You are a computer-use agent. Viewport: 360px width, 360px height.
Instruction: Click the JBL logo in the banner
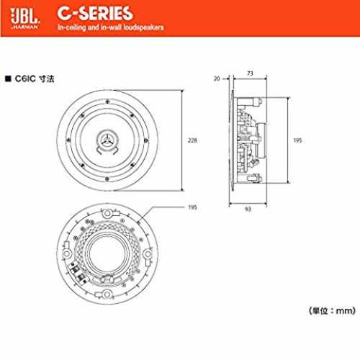[x=25, y=16]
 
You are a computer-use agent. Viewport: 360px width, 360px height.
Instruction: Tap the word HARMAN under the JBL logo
[x=25, y=27]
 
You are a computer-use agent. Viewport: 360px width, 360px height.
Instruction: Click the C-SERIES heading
[x=95, y=14]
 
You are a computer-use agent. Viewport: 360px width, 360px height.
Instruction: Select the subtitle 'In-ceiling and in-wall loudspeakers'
[x=110, y=27]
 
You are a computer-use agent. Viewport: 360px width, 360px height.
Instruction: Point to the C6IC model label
[x=25, y=78]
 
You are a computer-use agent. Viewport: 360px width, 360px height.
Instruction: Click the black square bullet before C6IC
[x=8, y=78]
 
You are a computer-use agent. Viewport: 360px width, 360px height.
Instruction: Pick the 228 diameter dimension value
[x=192, y=140]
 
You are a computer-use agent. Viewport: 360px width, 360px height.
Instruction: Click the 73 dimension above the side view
[x=250, y=73]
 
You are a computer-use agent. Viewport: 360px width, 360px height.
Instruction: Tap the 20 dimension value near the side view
[x=217, y=78]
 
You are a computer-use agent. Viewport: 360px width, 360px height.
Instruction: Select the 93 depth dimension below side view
[x=248, y=210]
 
